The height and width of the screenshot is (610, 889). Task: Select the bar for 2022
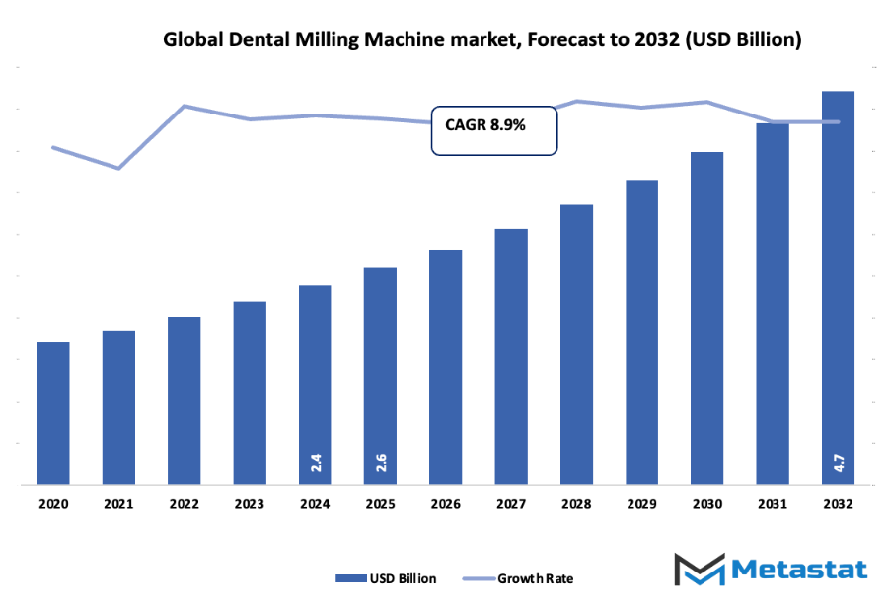click(x=184, y=401)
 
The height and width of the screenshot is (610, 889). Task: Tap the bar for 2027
click(x=511, y=356)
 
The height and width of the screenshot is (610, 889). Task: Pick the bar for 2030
click(x=706, y=318)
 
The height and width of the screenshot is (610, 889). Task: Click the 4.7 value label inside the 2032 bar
click(x=838, y=461)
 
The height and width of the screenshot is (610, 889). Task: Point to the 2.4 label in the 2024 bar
click(x=315, y=461)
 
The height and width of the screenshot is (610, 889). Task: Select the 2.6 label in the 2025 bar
click(x=380, y=461)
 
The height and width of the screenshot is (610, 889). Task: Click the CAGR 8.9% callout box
click(x=493, y=130)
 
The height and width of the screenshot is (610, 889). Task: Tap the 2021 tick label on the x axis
click(x=118, y=503)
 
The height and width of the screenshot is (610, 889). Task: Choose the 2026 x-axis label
click(x=445, y=503)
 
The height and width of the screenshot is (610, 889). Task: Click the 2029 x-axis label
click(x=641, y=503)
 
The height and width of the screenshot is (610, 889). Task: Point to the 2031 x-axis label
click(x=772, y=503)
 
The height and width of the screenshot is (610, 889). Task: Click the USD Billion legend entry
click(x=386, y=578)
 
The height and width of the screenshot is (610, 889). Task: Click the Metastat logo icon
click(x=702, y=569)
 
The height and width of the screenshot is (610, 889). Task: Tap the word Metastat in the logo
click(x=799, y=570)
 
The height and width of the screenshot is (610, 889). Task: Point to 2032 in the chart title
click(x=659, y=40)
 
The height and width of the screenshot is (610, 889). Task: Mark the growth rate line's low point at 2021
click(x=118, y=168)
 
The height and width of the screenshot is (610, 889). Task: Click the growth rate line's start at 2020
click(x=53, y=148)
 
